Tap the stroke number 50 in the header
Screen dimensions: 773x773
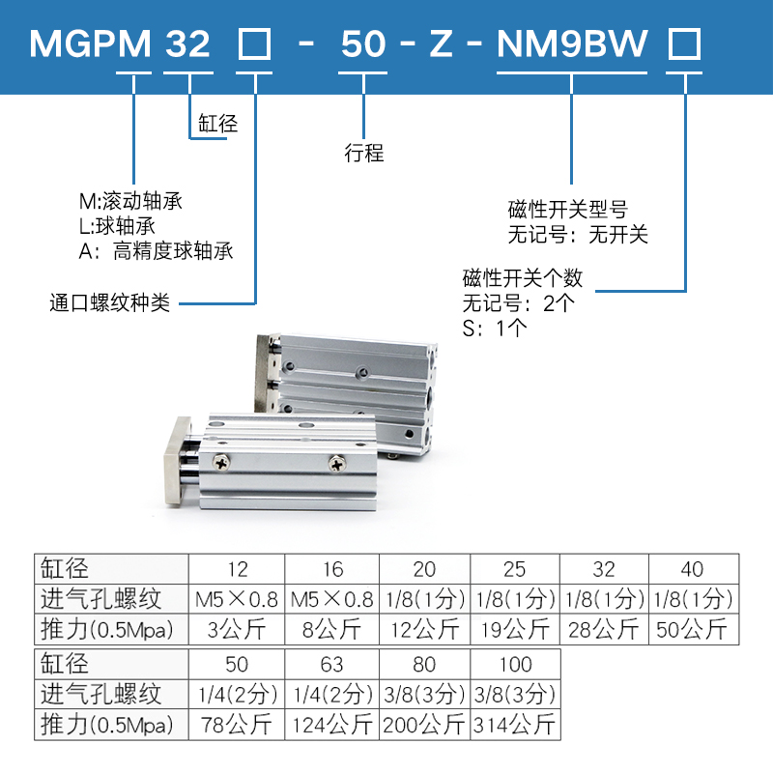pyautogui.click(x=363, y=44)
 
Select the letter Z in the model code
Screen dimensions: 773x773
pyautogui.click(x=441, y=44)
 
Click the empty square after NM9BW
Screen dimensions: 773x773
pyautogui.click(x=685, y=44)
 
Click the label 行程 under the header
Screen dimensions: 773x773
pyautogui.click(x=363, y=153)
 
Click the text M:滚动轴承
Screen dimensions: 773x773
pyautogui.click(x=130, y=202)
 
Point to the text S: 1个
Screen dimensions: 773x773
pyautogui.click(x=495, y=328)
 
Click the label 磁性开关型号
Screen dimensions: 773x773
pyautogui.click(x=568, y=210)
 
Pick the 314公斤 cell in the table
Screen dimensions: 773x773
pyautogui.click(x=516, y=724)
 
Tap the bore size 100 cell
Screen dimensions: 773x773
pyautogui.click(x=516, y=665)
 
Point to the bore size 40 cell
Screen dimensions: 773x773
pyautogui.click(x=693, y=568)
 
